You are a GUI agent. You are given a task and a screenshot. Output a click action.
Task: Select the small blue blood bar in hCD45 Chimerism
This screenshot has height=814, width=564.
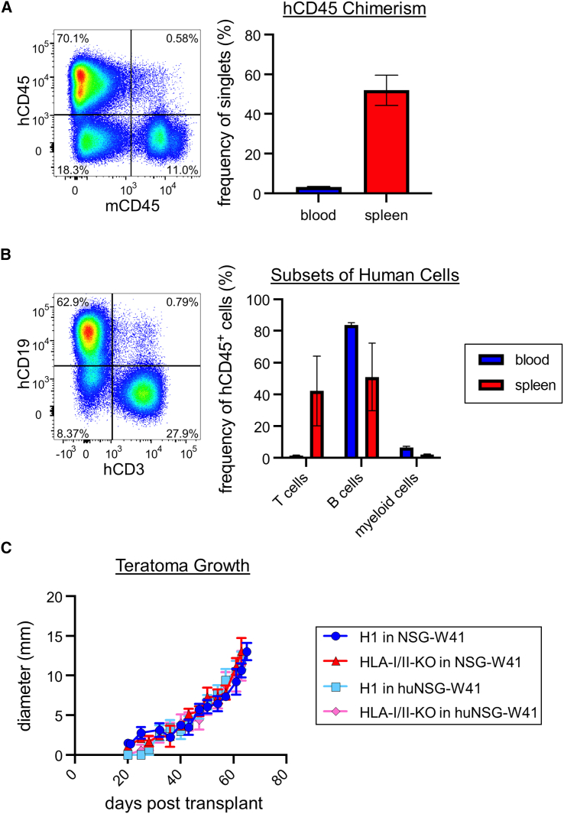(318, 190)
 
